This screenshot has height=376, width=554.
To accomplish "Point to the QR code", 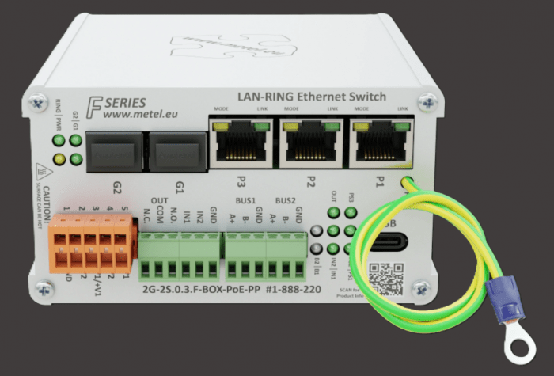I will click(386, 278).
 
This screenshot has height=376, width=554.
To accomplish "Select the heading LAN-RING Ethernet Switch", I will click(312, 97).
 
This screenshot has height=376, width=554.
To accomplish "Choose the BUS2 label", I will click(284, 202).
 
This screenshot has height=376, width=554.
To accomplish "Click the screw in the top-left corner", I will click(35, 102).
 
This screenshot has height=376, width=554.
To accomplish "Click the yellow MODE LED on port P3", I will click(218, 126).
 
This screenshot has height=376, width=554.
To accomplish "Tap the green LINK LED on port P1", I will click(404, 127).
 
